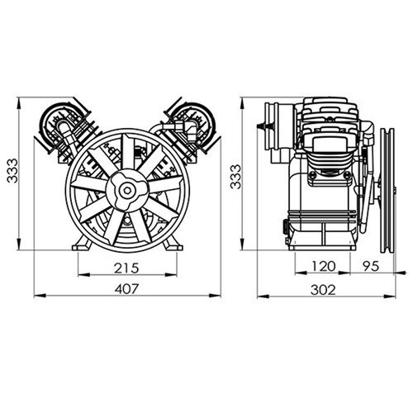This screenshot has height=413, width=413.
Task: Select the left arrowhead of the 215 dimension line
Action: pos(78,276)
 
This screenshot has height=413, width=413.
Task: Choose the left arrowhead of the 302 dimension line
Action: pos(259,297)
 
